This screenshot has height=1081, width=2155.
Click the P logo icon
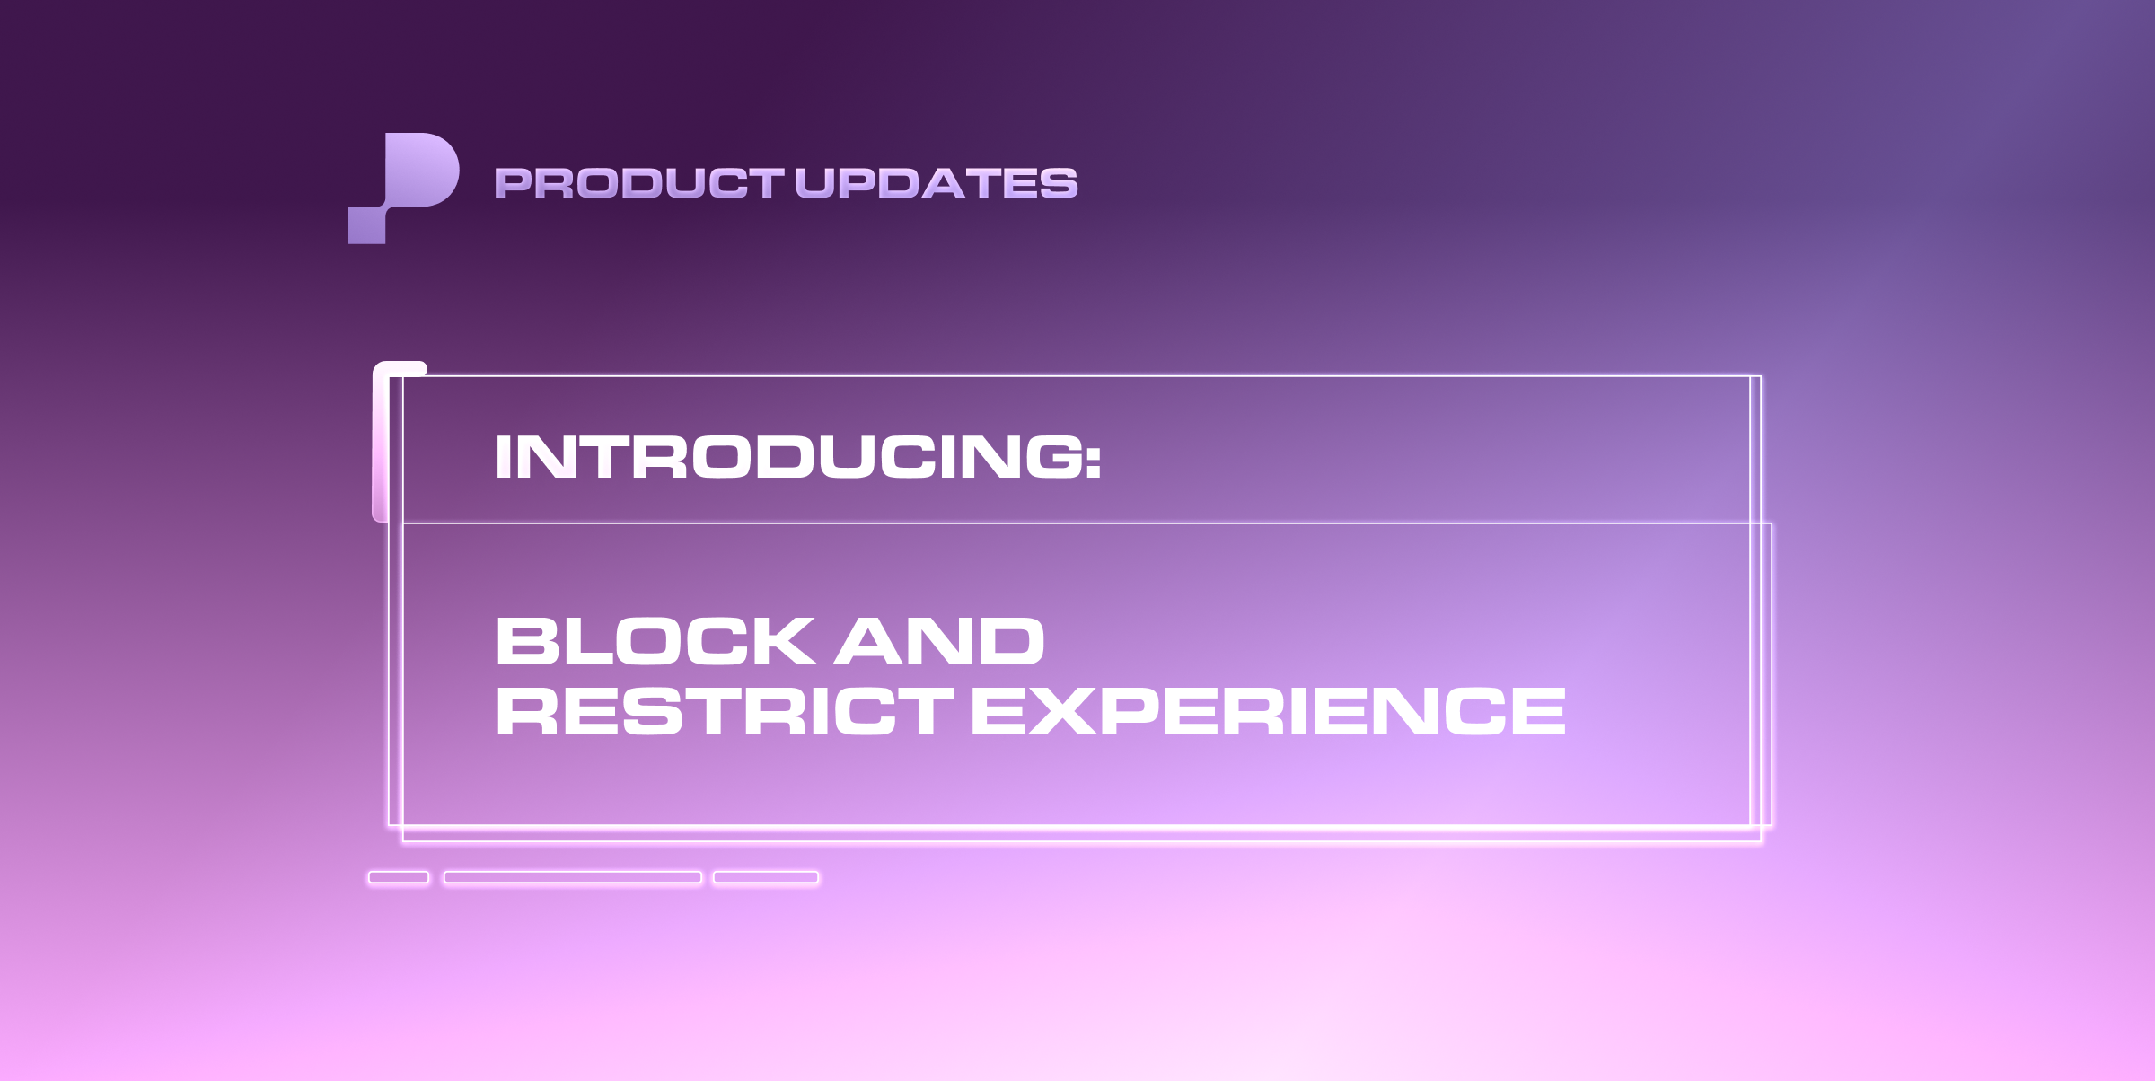click(x=403, y=188)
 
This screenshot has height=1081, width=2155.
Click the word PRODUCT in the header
click(x=639, y=183)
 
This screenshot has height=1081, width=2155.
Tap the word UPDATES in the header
click(x=937, y=183)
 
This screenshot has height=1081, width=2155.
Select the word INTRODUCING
click(x=788, y=456)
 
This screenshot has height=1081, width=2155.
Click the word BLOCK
click(x=656, y=640)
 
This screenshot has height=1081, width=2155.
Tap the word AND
click(x=939, y=640)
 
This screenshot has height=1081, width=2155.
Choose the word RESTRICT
click(x=725, y=710)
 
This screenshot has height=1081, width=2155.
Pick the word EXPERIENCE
click(x=1269, y=710)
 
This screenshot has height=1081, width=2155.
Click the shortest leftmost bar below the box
click(x=399, y=877)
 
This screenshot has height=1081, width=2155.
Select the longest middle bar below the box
click(x=573, y=877)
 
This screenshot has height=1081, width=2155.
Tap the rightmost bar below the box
click(x=766, y=877)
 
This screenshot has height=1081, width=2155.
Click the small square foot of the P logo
click(x=366, y=225)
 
